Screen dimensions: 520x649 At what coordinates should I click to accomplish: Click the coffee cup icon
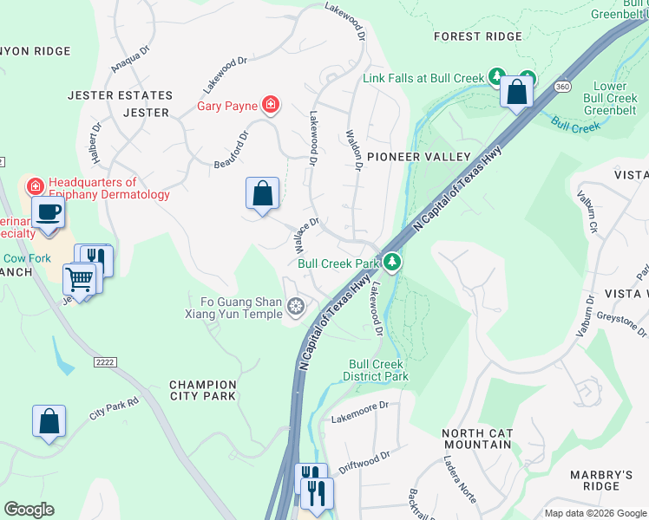click(49, 212)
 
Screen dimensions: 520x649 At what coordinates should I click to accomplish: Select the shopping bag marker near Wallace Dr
click(262, 193)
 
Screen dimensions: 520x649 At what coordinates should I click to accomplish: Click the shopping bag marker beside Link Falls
click(516, 91)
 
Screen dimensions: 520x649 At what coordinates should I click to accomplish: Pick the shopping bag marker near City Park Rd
click(49, 422)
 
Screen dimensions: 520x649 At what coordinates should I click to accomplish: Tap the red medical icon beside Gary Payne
click(271, 106)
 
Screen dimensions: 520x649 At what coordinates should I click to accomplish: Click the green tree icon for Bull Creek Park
click(392, 262)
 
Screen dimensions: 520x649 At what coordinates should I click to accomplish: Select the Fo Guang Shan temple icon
click(296, 305)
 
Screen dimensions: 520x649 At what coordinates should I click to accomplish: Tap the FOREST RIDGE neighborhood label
click(478, 36)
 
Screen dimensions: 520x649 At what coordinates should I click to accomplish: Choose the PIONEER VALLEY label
click(418, 157)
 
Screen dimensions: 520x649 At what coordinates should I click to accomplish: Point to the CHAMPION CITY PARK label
click(202, 390)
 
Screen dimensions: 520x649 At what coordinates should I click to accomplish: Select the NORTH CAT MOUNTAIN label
click(476, 439)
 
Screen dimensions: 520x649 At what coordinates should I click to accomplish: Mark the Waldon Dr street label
click(353, 152)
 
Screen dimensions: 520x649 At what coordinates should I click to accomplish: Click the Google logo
click(29, 510)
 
